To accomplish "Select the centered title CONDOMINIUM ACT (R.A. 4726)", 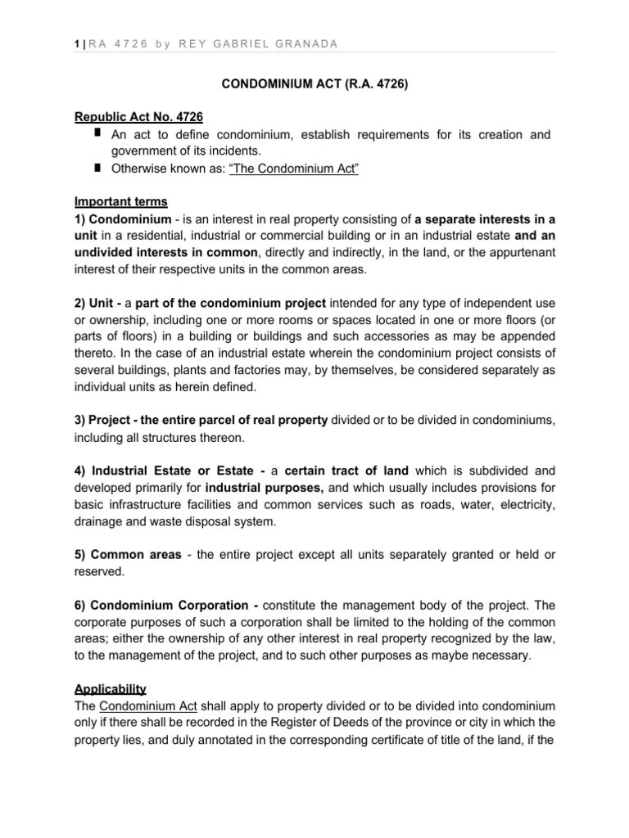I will pos(314,83).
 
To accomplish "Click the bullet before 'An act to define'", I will pos(97,133).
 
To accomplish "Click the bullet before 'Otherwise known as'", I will pos(97,168).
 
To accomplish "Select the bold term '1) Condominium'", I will pos(123,219).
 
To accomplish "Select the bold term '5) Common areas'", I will pos(128,555).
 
